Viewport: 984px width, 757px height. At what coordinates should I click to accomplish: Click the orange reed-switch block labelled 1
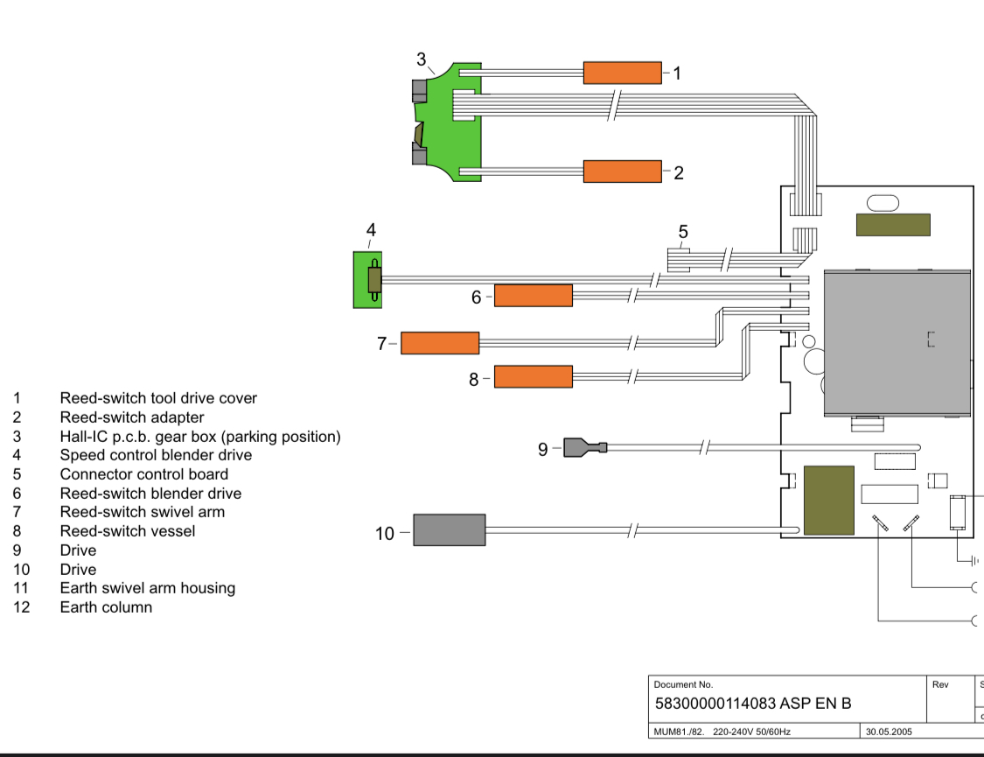point(623,73)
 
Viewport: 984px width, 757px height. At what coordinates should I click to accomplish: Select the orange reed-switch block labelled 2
point(623,172)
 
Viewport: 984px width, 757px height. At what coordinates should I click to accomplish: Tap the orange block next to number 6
point(534,296)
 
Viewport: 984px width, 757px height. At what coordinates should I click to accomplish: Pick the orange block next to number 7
point(440,343)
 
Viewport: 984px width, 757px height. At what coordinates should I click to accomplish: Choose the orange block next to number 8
point(534,376)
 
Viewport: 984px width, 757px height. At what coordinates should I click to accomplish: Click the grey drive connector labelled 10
point(450,530)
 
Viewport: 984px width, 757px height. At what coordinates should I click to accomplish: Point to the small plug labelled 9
point(585,447)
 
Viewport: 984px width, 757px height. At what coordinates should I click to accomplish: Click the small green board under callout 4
point(367,280)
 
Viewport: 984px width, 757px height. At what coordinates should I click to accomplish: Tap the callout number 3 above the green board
point(421,59)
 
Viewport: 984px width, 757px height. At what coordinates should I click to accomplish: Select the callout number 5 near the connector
point(683,232)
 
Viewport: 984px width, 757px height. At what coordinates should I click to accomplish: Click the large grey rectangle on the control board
point(897,343)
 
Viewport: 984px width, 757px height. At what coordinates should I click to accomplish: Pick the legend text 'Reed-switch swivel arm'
point(143,512)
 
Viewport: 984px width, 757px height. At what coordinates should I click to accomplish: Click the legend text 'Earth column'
point(106,607)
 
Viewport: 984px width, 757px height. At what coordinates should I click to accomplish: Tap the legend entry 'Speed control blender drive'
point(157,455)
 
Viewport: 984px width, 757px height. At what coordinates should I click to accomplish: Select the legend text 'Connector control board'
point(144,474)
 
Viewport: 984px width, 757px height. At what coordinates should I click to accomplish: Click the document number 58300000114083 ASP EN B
point(753,704)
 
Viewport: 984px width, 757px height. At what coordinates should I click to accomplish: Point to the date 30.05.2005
point(889,732)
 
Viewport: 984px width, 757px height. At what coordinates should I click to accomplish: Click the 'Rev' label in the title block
point(940,685)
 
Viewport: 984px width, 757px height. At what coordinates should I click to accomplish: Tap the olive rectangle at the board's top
point(893,225)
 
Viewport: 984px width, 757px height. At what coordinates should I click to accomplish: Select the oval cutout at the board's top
point(883,203)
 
